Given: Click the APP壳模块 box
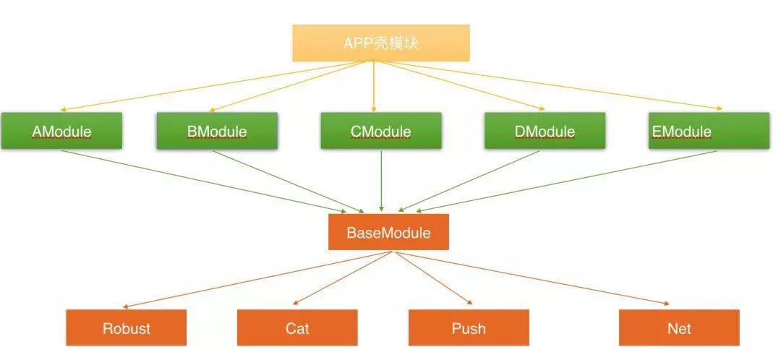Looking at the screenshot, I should (x=381, y=43).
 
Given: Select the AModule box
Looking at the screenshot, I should (x=61, y=131).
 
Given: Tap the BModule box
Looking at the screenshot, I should (x=217, y=131).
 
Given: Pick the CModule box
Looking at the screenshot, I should (x=381, y=131).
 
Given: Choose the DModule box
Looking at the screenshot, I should (x=545, y=131).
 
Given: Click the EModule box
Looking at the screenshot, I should (x=709, y=131).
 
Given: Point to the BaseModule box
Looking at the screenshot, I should (x=388, y=232).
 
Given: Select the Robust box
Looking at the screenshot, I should (x=127, y=327).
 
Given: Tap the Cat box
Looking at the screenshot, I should (x=297, y=327).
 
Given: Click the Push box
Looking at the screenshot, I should (x=469, y=327).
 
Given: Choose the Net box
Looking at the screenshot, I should (x=679, y=327).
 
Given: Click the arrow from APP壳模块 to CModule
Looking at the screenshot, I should (x=375, y=87).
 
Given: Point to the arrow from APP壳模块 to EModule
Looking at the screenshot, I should (x=550, y=86).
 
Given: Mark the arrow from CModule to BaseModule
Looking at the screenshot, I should (x=381, y=181).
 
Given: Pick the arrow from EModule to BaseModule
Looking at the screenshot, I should (x=564, y=181).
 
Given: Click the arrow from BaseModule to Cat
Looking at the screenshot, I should (x=343, y=278).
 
